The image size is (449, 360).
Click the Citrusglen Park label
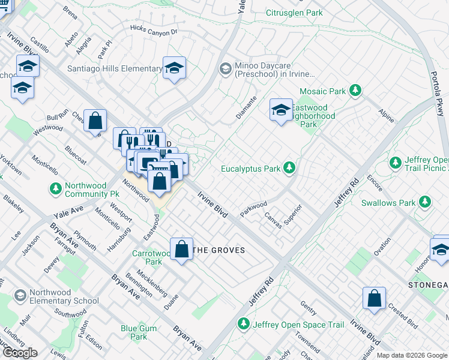pos(294,13)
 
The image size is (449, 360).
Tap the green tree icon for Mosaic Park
pos(356,91)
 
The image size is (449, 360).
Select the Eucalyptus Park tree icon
pos(290,169)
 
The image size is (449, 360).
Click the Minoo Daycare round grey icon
pos(226,68)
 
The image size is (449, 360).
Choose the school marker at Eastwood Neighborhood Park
pos(281,110)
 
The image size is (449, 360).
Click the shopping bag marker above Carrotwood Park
pos(181,250)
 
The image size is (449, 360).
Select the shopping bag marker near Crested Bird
pos(374,298)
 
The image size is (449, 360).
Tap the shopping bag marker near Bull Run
pos(95,121)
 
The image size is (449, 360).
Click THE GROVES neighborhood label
pos(218,250)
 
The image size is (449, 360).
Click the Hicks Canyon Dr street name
pos(154,30)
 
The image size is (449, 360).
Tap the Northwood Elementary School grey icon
pos(20,296)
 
